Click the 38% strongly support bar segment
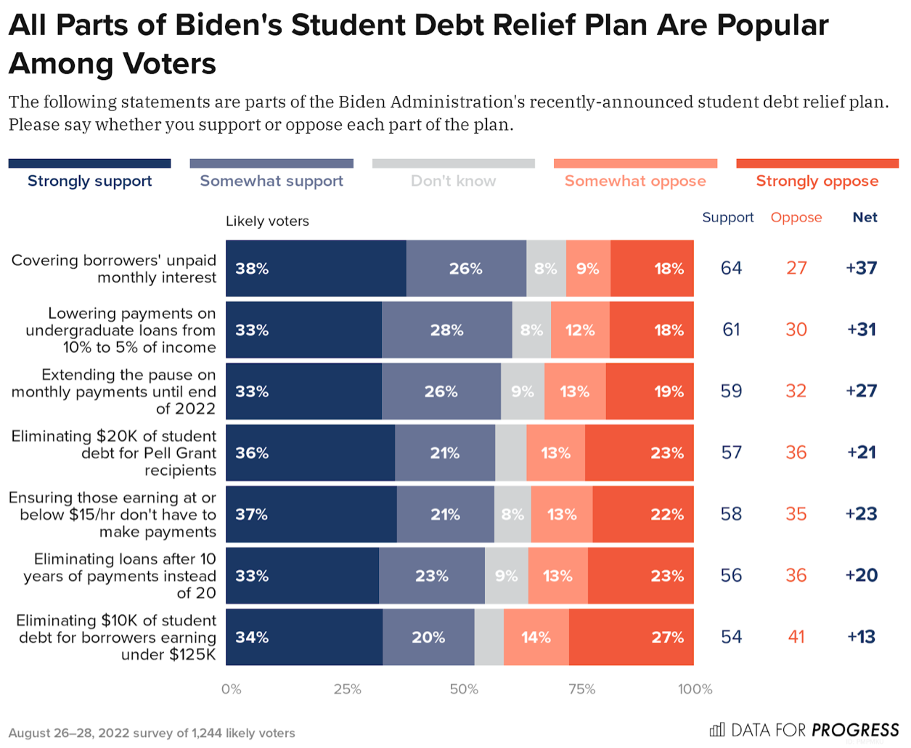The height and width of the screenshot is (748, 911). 316,269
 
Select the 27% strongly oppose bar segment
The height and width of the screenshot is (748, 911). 631,637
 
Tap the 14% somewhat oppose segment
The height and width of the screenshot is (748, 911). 536,637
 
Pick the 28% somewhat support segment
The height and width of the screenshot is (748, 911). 446,330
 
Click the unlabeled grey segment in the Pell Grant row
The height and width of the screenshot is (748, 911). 510,453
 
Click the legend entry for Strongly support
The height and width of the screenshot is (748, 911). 89,181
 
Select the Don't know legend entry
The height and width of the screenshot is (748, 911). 453,181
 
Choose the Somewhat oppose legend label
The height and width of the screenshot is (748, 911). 635,181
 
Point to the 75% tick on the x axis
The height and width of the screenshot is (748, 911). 581,689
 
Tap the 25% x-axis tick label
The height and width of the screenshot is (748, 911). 347,689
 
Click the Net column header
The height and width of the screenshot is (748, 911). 865,217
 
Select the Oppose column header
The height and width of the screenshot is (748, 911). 796,217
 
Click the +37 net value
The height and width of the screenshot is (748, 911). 861,268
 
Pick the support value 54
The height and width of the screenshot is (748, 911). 731,637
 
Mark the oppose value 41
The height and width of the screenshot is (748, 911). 796,637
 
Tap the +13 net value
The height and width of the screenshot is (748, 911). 861,637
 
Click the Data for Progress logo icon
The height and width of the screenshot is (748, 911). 716,729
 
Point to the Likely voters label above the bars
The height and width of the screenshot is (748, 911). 267,221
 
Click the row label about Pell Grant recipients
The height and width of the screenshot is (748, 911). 114,453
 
